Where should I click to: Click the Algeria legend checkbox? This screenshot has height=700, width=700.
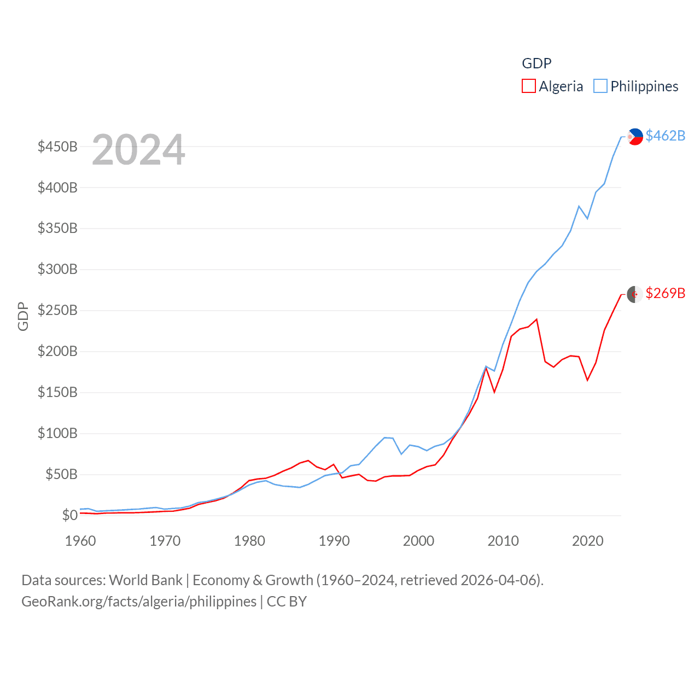point(529,86)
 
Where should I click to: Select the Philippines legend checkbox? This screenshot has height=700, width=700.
point(600,86)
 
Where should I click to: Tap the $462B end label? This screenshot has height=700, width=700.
point(665,136)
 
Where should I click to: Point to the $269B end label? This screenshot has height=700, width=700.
point(665,293)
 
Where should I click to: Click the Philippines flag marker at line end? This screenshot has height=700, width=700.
point(635,136)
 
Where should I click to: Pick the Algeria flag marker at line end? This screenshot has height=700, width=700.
point(634,294)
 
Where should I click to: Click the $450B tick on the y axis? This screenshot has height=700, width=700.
point(57,147)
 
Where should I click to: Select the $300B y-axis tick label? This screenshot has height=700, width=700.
point(57,269)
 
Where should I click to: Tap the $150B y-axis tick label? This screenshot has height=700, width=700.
point(57,392)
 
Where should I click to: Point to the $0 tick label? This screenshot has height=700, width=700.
point(69,515)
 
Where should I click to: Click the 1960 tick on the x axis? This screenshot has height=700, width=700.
point(80,541)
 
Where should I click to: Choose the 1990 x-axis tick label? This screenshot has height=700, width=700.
point(334,541)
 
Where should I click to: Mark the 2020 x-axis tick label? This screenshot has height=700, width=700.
point(587,541)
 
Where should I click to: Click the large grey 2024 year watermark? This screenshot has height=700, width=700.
point(138,150)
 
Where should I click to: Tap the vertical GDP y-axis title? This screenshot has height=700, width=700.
point(23,316)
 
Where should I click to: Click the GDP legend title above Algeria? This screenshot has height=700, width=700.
point(536,63)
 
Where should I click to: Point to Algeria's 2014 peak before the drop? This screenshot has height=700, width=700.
point(536,319)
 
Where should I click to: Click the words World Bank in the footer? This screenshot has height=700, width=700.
point(145,580)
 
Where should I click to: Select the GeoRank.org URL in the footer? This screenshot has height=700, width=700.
point(139,602)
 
